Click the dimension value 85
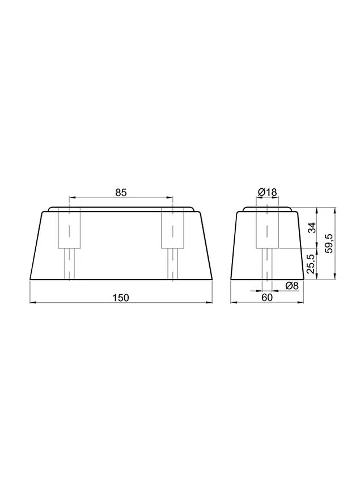click(121, 192)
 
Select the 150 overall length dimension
click(121, 298)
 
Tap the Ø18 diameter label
click(267, 192)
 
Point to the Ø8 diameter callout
click(292, 286)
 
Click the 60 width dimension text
click(267, 298)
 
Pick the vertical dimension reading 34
click(312, 228)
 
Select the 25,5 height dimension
click(312, 264)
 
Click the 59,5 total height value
click(329, 243)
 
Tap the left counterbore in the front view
click(70, 228)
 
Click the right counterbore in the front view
click(173, 228)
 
